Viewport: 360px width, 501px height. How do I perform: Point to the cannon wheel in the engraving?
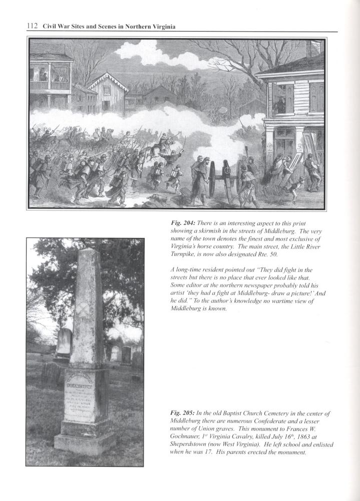pos(219,178)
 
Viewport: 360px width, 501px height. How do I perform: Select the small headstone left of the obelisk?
pos(63,343)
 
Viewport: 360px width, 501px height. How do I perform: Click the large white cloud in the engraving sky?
pos(150,55)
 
